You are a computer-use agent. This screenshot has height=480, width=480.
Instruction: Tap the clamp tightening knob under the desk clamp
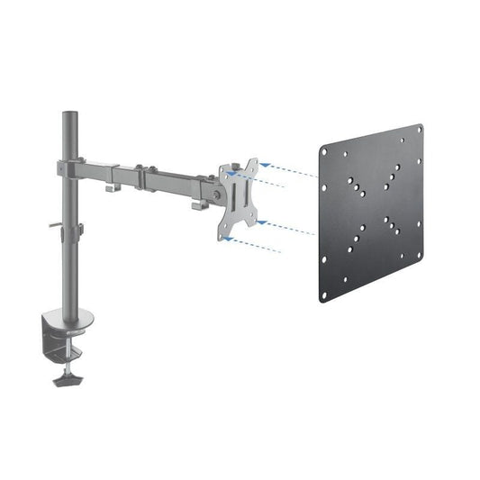click(66, 378)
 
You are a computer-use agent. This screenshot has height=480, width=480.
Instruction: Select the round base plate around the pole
click(69, 316)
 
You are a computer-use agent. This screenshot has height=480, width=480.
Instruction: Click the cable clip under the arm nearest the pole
click(109, 186)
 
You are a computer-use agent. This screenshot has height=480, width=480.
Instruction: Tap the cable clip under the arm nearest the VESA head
click(197, 205)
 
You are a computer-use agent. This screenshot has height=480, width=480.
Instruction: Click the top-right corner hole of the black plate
click(419, 131)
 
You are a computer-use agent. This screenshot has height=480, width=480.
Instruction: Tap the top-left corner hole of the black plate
click(324, 149)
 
